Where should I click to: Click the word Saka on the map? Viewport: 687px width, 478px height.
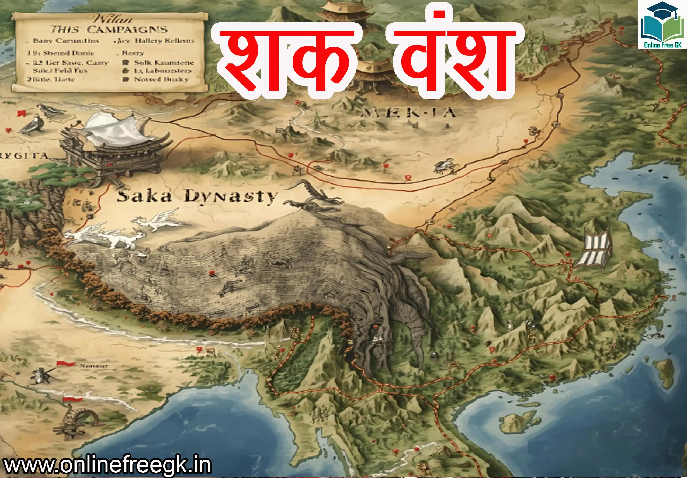coord(144,196)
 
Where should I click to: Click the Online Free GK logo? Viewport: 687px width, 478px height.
coord(662,25)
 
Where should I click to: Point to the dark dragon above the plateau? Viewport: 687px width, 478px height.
coord(311,196)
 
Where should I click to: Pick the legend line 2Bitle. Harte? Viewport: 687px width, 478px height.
coord(51,79)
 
